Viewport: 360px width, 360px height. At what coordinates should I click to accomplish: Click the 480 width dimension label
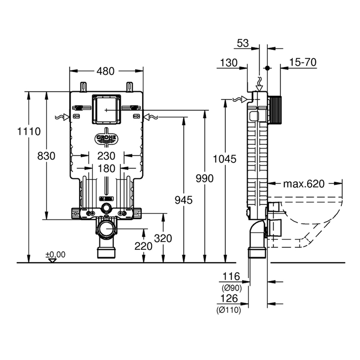point(105,72)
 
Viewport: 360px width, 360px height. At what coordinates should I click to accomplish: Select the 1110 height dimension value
point(29,132)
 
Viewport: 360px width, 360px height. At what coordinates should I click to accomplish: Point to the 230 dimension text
point(106,156)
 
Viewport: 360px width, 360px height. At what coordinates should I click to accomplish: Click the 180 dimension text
point(106,169)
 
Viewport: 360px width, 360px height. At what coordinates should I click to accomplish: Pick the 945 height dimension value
point(183,200)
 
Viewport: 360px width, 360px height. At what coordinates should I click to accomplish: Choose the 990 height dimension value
point(205,179)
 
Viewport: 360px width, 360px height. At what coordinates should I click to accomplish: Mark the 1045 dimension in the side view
point(224,159)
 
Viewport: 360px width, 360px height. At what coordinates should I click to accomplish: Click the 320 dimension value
point(163,238)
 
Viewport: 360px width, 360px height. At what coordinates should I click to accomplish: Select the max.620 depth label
point(304,184)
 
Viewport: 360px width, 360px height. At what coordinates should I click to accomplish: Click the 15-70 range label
point(303,63)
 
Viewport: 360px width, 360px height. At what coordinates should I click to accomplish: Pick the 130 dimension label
point(228,63)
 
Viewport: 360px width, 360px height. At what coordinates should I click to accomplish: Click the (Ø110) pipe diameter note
point(230,310)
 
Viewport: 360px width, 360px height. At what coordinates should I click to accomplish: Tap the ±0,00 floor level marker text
point(56,255)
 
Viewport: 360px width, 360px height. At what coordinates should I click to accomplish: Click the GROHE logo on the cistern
point(106,139)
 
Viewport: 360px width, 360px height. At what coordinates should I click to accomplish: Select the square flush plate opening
point(106,109)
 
